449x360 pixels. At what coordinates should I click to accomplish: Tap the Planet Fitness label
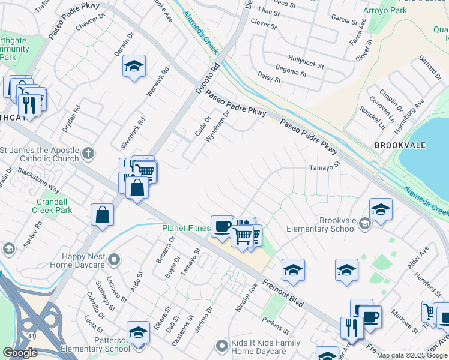point(186,228)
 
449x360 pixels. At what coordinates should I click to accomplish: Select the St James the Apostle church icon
point(88,152)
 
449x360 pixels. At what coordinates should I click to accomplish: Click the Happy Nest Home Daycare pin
point(115,260)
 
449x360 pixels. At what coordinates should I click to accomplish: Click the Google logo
point(20,353)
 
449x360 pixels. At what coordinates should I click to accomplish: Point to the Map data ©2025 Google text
point(412,355)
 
